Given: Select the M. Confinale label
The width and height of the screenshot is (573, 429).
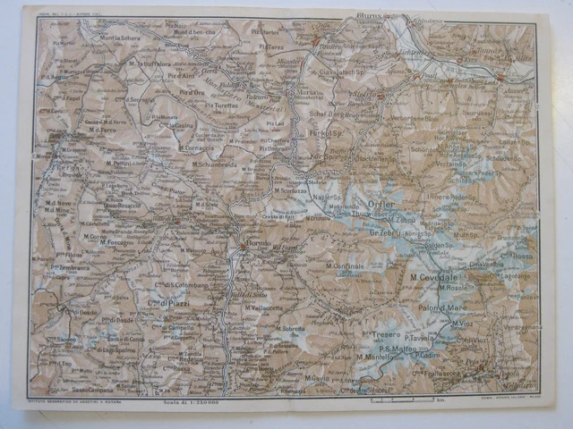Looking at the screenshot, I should [344, 266].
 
